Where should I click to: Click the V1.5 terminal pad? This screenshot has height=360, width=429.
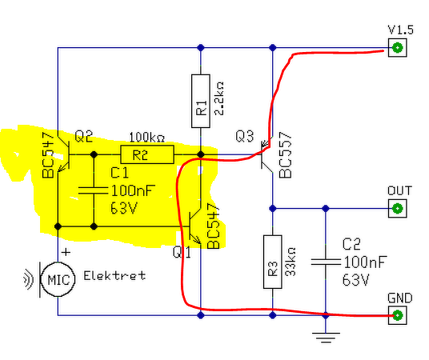[398, 48]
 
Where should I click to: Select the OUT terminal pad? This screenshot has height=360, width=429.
[398, 209]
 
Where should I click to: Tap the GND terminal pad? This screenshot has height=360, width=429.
[398, 315]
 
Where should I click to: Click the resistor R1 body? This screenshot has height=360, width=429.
[201, 101]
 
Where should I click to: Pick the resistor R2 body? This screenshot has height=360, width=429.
[147, 154]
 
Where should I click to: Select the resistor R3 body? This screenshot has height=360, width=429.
[272, 262]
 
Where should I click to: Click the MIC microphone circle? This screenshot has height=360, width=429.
[58, 279]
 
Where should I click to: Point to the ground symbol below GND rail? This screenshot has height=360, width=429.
[326, 338]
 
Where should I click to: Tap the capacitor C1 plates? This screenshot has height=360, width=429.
[94, 190]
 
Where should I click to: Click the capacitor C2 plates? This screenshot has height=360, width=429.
[326, 262]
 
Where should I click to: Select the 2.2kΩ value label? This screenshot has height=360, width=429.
[219, 98]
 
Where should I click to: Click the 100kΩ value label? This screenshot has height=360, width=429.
[147, 138]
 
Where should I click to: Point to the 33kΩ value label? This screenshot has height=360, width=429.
[291, 262]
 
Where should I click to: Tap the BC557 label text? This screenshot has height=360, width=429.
[286, 155]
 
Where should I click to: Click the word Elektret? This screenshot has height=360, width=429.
[114, 275]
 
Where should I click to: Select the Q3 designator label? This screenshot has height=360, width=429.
[245, 136]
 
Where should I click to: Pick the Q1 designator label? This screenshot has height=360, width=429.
[182, 252]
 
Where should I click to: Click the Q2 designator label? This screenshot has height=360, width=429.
[83, 136]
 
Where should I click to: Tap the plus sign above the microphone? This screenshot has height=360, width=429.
[66, 252]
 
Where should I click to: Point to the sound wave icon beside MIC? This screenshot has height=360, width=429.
[29, 279]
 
